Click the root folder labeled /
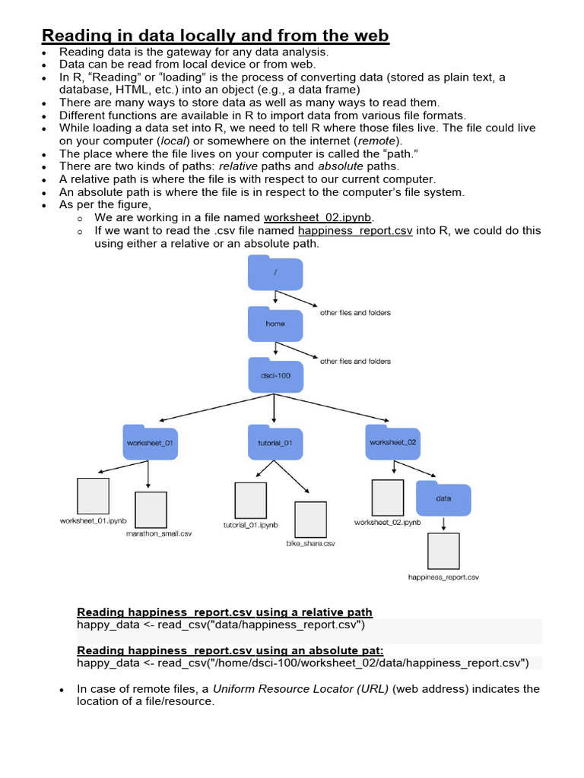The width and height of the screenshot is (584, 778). (x=275, y=273)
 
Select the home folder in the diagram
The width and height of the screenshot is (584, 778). (x=275, y=324)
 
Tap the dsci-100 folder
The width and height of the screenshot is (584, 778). (x=275, y=375)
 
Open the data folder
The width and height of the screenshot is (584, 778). (x=443, y=498)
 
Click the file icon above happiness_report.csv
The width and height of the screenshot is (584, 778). (x=443, y=552)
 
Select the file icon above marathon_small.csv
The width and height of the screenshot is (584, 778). (x=151, y=510)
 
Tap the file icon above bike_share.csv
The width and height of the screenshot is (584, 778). (x=310, y=519)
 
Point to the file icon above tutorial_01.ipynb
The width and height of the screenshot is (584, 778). (x=250, y=500)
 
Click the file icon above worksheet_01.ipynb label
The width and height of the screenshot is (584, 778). (x=94, y=496)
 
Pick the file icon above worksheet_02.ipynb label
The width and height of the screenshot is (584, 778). (x=387, y=498)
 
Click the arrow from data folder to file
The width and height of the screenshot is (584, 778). (x=443, y=524)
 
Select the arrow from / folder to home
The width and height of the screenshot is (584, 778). (x=275, y=299)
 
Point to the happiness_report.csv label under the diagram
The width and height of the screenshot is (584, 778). (x=443, y=577)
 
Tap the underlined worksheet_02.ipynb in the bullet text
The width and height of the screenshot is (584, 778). (x=317, y=217)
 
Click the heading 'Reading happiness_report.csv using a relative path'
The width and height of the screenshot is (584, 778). (x=225, y=612)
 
